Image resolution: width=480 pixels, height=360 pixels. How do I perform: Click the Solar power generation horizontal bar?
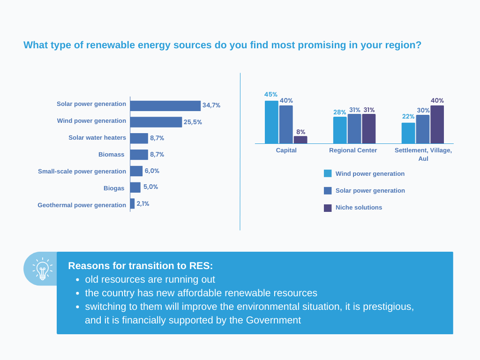coord(165,106)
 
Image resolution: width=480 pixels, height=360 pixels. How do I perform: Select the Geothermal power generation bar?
coord(133,203)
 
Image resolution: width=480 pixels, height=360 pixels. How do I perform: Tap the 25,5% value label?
coord(193,122)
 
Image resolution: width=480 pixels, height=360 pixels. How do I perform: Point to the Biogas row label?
coord(114,188)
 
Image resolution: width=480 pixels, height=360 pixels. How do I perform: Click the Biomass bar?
coord(139,155)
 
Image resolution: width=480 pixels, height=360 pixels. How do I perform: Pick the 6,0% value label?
coord(152,171)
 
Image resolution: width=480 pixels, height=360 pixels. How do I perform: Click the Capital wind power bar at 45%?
coord(271,122)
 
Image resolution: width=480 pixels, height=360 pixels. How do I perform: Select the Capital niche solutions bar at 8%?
coord(300,140)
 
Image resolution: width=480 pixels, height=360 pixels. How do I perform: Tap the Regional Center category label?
coord(353,150)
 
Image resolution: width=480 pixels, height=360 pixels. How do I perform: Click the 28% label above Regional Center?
coord(340,112)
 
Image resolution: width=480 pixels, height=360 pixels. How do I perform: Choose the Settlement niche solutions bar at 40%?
coord(437,124)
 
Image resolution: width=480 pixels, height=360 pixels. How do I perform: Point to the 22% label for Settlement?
coord(408,117)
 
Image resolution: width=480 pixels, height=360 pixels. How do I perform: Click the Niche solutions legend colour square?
coord(328,208)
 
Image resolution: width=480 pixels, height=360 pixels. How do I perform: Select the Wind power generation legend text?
coord(370,174)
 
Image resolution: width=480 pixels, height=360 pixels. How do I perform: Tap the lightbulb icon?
coord(43,269)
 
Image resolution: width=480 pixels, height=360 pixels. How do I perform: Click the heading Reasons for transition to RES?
coord(141,266)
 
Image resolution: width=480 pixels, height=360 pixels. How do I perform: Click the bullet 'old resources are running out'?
coord(150,279)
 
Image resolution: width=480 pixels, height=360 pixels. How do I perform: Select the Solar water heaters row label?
coord(97,138)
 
